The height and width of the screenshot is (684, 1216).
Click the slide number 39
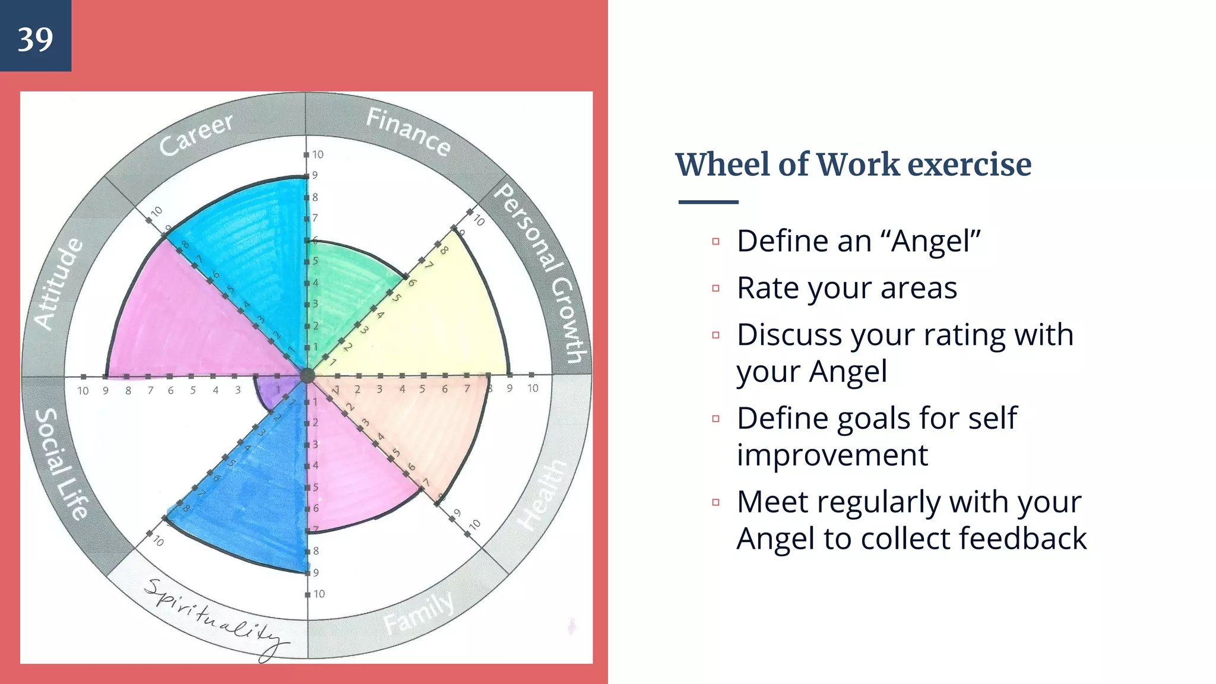[x=35, y=39]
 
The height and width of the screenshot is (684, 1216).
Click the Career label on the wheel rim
[x=197, y=134]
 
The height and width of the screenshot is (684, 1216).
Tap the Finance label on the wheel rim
[x=408, y=132]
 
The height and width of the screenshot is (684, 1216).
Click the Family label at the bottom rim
[x=418, y=613]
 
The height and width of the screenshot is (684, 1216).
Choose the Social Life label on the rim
[x=62, y=464]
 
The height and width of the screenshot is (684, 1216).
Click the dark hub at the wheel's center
[x=307, y=375]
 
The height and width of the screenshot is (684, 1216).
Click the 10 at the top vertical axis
[x=318, y=154]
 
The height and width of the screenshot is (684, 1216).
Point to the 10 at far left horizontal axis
[x=83, y=391]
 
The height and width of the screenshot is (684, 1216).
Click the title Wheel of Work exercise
[x=853, y=164]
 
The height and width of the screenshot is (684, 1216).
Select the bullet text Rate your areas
[x=847, y=288]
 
